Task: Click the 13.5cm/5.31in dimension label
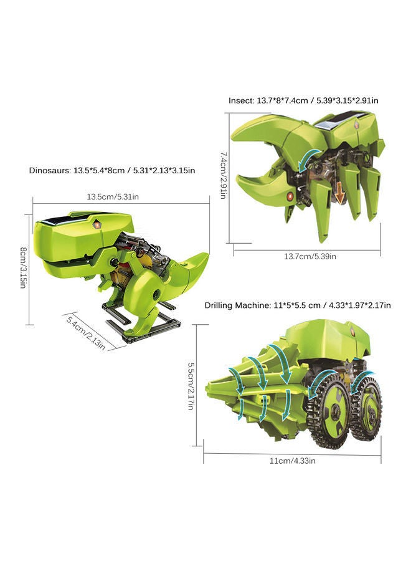113,197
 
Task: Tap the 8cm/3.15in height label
23,267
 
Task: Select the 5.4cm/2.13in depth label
86,332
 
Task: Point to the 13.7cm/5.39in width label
310,256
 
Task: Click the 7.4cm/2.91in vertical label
223,175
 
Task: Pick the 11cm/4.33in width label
292,461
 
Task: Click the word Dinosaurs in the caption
50,170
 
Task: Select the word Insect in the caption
241,100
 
